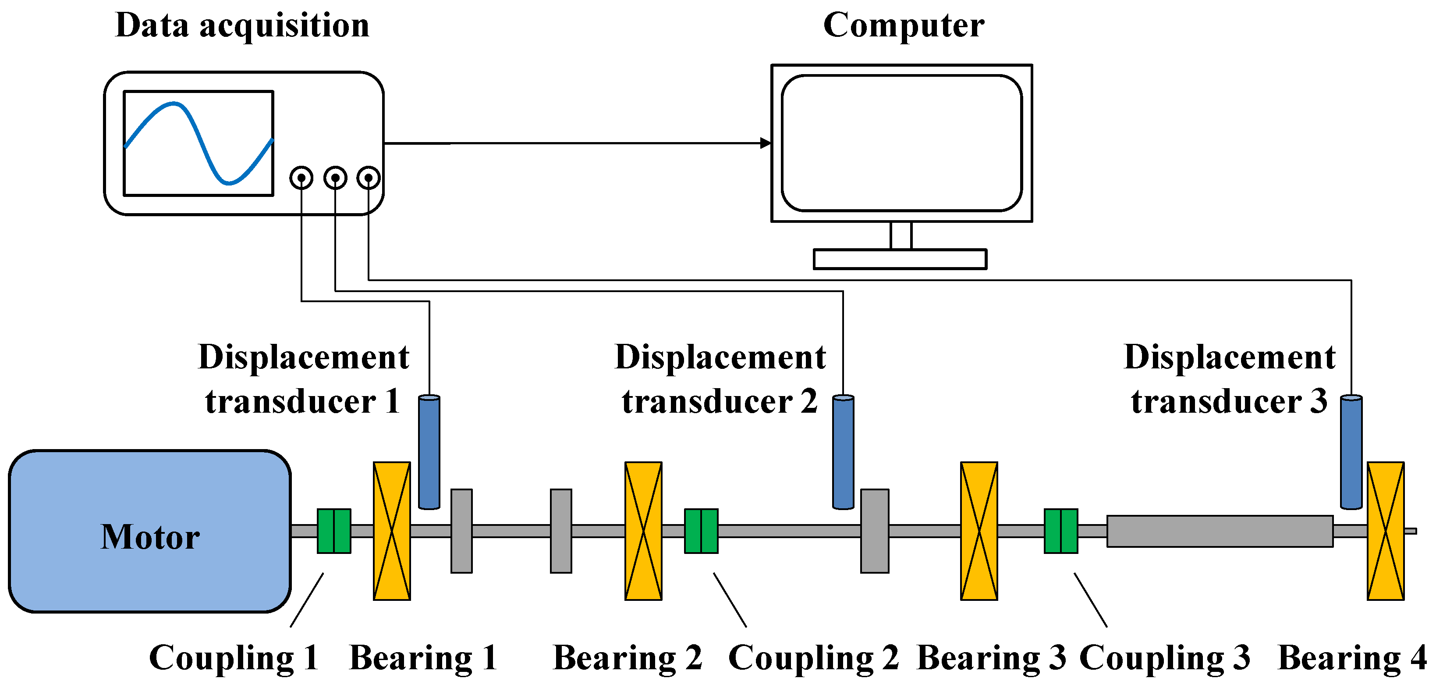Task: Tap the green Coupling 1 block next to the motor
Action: pyautogui.click(x=334, y=531)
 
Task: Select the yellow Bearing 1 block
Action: pyautogui.click(x=392, y=531)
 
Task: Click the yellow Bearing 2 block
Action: pyautogui.click(x=643, y=531)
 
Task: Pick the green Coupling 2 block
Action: pyautogui.click(x=701, y=531)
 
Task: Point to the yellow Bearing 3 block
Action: pyautogui.click(x=979, y=531)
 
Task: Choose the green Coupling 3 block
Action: pyautogui.click(x=1061, y=531)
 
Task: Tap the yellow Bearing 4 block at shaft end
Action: pyautogui.click(x=1385, y=531)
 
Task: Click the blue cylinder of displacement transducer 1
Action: pyautogui.click(x=429, y=452)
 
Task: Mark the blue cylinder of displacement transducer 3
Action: pyautogui.click(x=1351, y=452)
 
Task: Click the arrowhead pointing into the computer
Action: pyautogui.click(x=766, y=143)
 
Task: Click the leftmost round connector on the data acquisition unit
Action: pyautogui.click(x=301, y=178)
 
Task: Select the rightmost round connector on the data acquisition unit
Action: pyautogui.click(x=369, y=178)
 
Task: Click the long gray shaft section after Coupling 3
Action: pyautogui.click(x=1220, y=531)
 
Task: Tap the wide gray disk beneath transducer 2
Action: pyautogui.click(x=875, y=531)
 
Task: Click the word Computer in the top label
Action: pyautogui.click(x=904, y=26)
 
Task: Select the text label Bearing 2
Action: pyautogui.click(x=627, y=658)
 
